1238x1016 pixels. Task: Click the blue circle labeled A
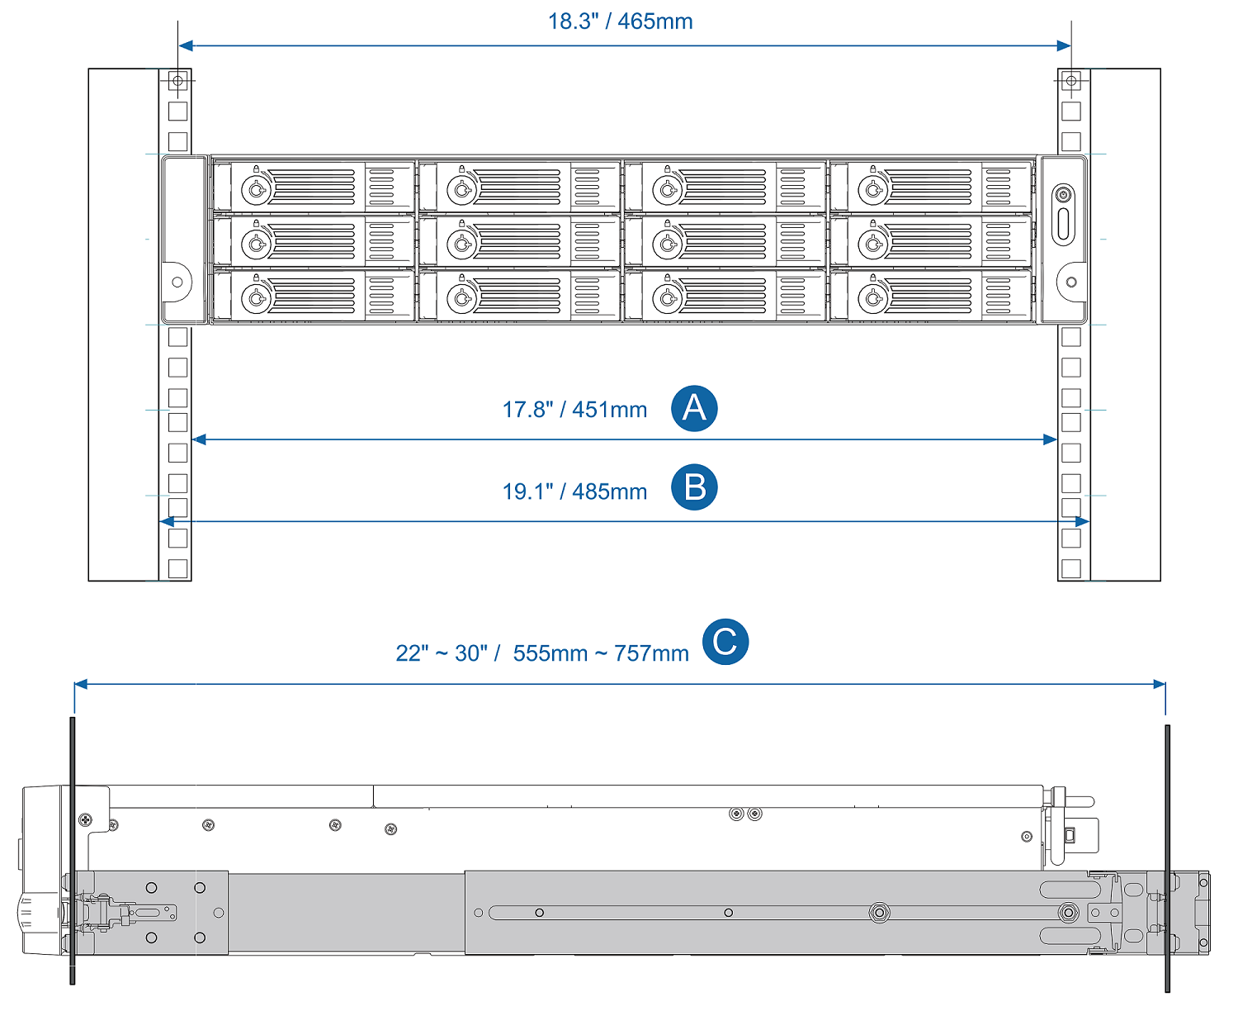tap(694, 408)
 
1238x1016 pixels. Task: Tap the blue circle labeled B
tap(694, 487)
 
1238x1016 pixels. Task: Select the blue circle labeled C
tap(725, 642)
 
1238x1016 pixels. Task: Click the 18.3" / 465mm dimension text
tap(620, 21)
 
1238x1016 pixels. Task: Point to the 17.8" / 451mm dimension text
tap(574, 410)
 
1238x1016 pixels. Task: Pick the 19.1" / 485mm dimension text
tap(574, 491)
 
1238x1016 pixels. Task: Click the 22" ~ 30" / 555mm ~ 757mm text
tap(542, 653)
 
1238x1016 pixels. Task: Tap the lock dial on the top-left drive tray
tap(256, 190)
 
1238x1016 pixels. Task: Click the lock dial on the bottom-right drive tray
tap(873, 298)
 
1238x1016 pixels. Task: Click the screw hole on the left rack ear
tap(177, 282)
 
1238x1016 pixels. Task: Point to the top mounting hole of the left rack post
tap(177, 81)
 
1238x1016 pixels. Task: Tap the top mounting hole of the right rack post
tap(1071, 81)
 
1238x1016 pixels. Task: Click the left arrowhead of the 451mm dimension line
tap(199, 439)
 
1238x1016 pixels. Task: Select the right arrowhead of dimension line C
tap(1159, 684)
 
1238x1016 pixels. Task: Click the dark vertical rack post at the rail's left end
tap(73, 851)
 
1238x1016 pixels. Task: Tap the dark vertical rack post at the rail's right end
tap(1167, 859)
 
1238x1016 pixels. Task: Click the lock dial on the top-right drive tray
tap(873, 190)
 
